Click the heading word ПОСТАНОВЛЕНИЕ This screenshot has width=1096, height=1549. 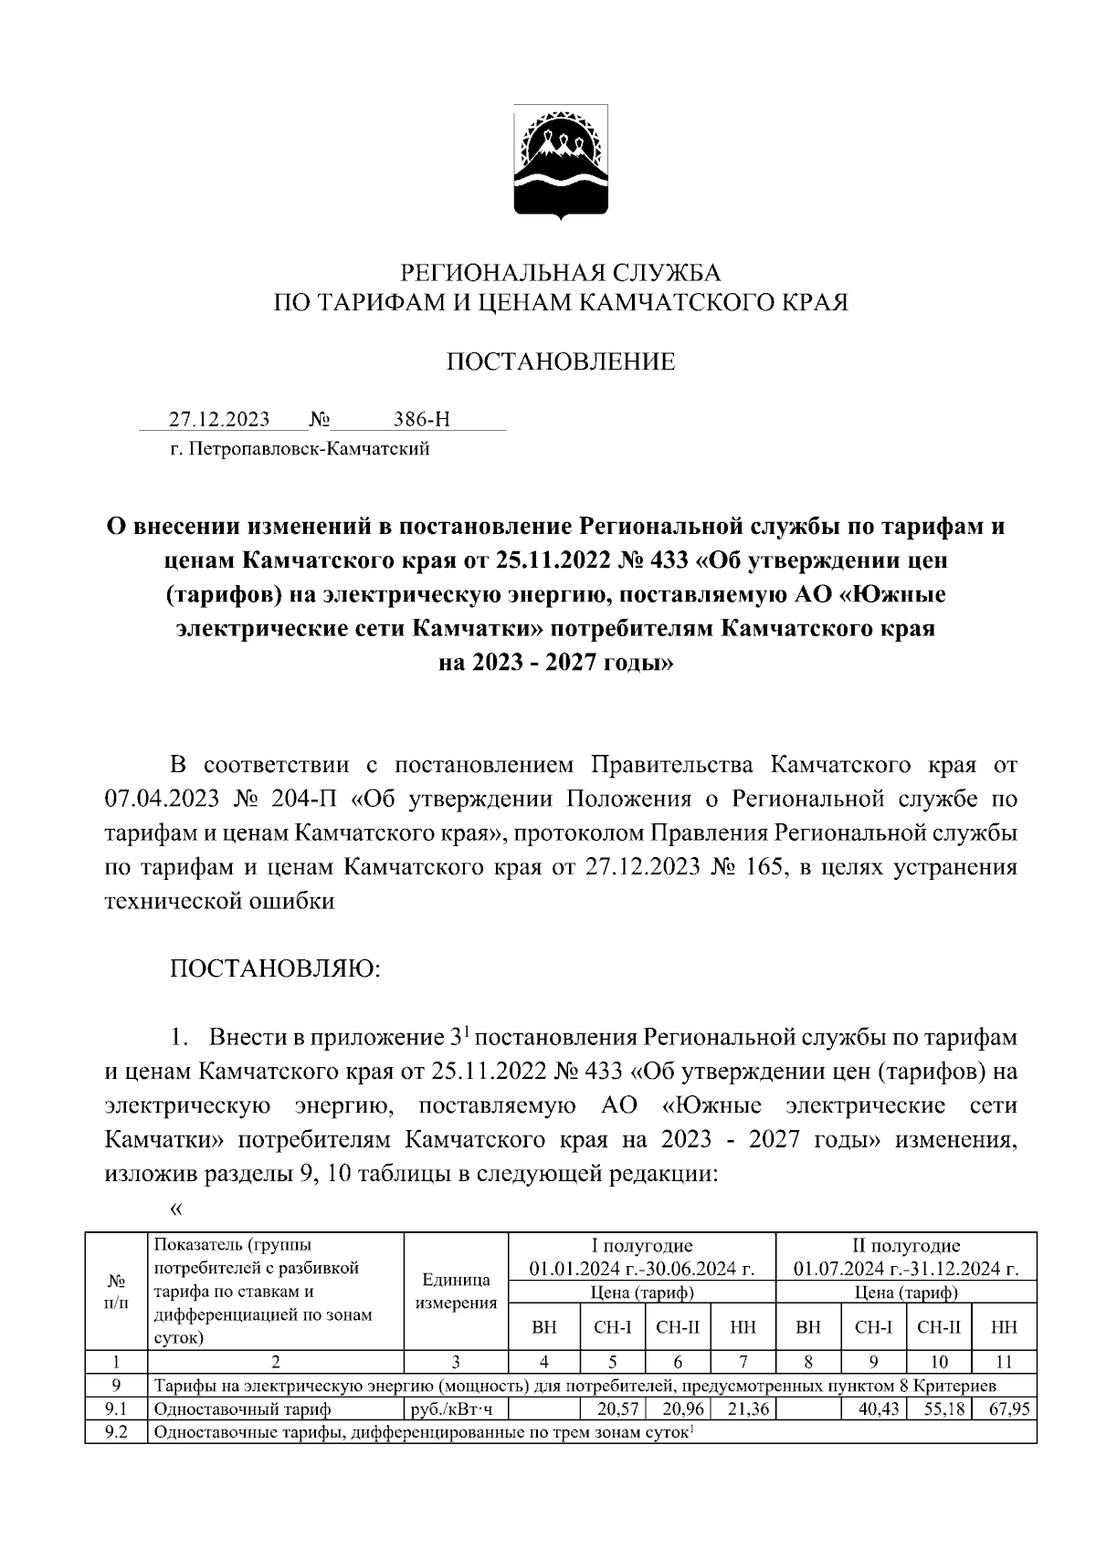(x=560, y=361)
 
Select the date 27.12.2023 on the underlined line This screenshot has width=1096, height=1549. (x=219, y=419)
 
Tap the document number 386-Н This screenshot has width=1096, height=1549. (x=421, y=419)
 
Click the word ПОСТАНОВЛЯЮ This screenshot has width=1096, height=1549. (x=274, y=968)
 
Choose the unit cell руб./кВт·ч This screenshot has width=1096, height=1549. (x=454, y=1409)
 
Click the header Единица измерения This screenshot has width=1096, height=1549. (x=456, y=1291)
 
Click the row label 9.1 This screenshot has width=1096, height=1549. (x=116, y=1409)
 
